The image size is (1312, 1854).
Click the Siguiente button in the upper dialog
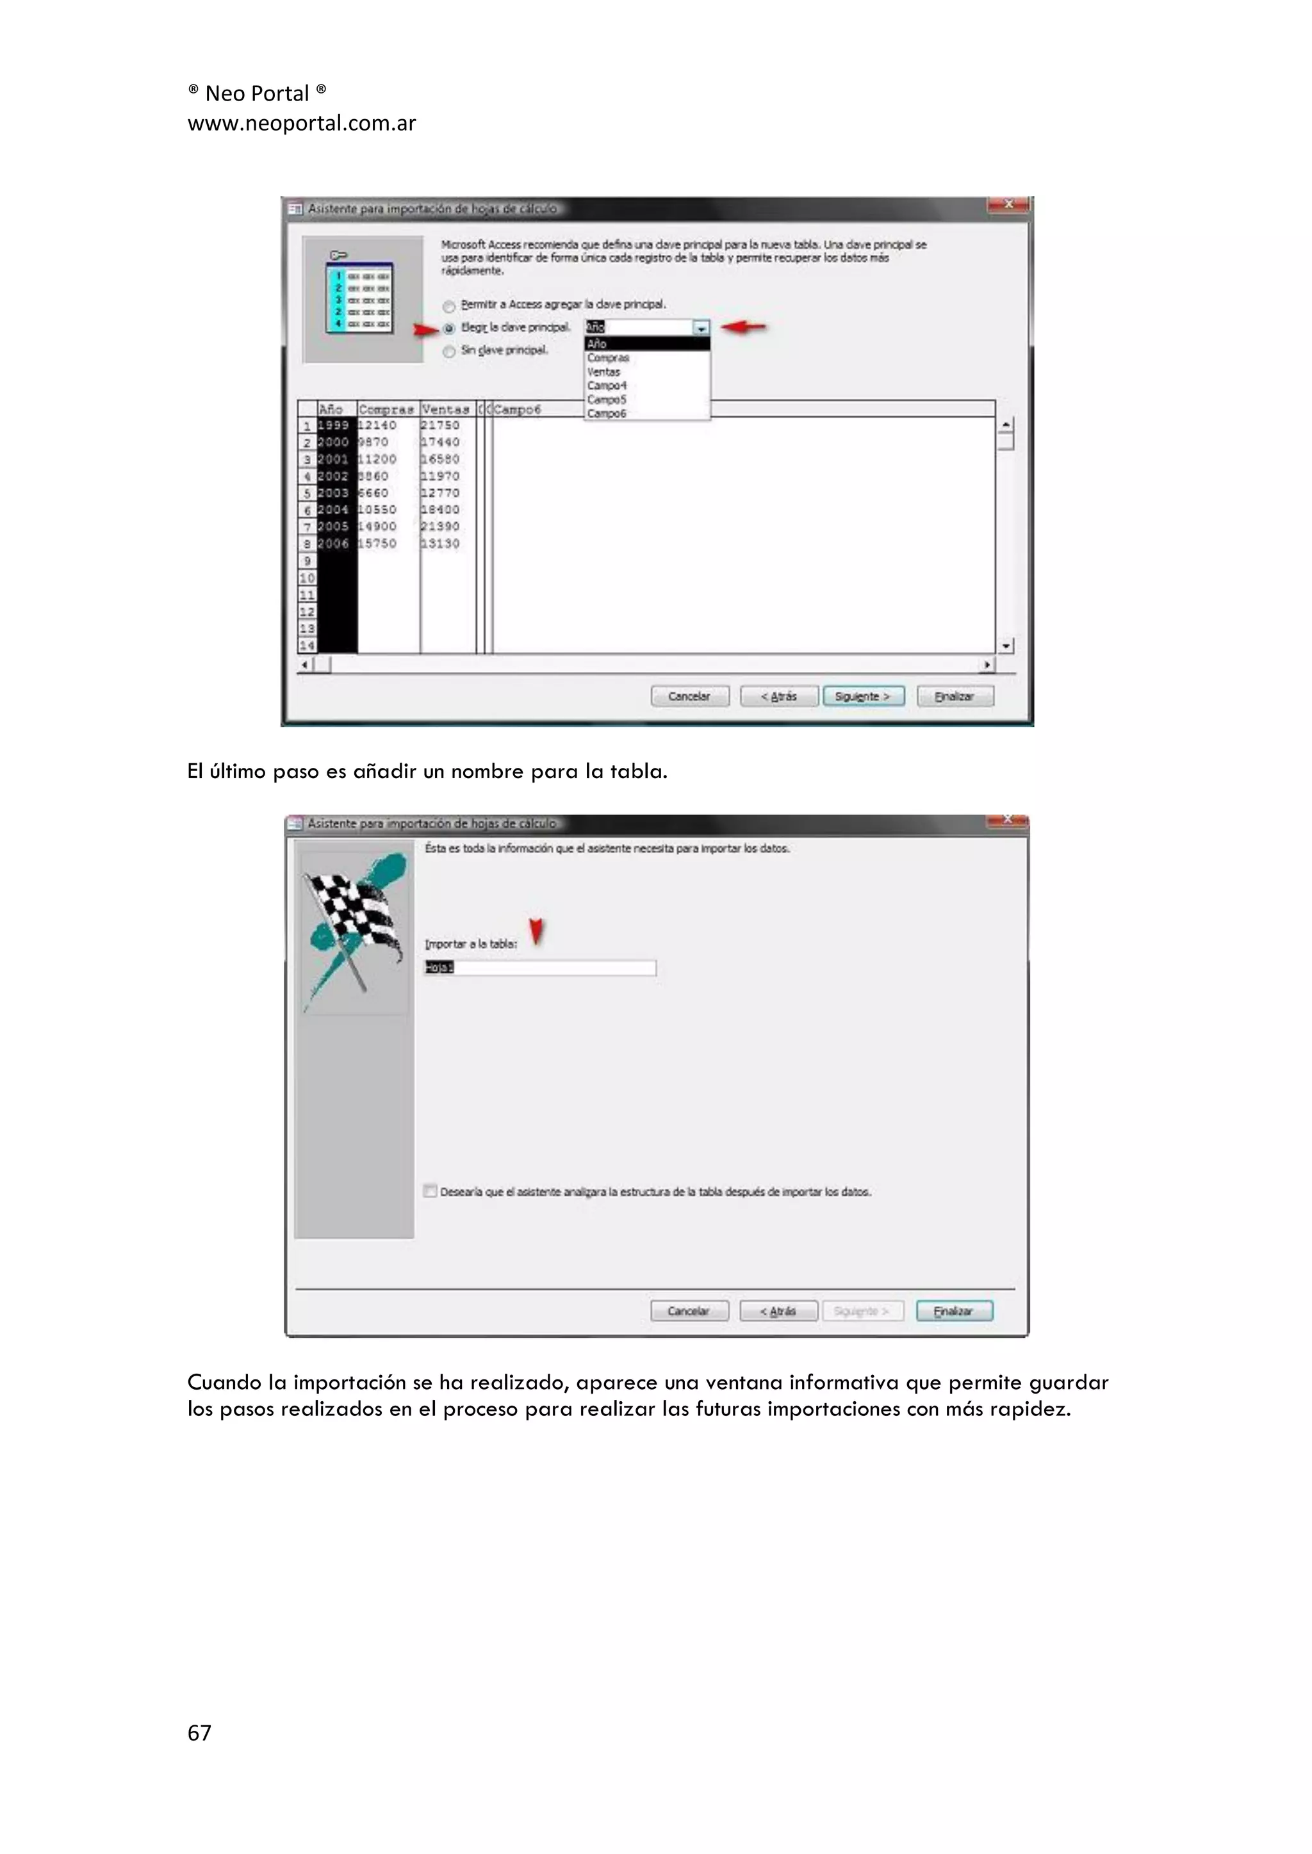point(863,696)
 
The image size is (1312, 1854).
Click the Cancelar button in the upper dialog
point(689,696)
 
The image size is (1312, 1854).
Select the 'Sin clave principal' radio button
point(449,351)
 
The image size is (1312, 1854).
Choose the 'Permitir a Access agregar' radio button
point(449,306)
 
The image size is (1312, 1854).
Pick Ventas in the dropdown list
point(604,371)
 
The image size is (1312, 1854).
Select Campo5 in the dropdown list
point(607,400)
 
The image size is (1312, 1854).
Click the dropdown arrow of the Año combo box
point(700,328)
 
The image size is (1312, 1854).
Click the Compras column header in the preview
point(386,409)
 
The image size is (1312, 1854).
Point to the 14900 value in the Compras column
point(377,526)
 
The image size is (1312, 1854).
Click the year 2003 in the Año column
point(333,492)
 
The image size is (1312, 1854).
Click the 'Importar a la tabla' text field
point(539,968)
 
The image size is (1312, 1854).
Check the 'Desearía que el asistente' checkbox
point(430,1191)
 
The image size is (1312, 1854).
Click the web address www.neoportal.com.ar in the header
point(301,124)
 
